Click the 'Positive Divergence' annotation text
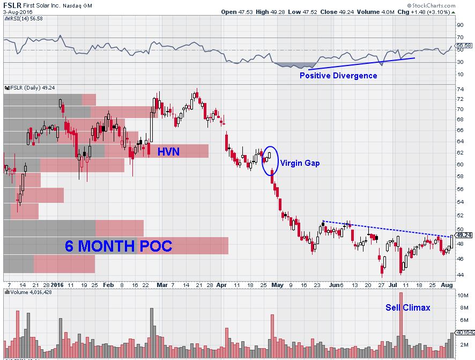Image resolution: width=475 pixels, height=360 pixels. pos(338,76)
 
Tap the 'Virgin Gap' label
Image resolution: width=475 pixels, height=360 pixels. pos(300,163)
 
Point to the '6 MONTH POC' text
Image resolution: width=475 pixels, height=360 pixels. pos(118,246)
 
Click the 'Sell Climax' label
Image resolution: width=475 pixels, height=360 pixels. pos(407,307)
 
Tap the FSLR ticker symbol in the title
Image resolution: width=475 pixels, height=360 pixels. pos(12,4)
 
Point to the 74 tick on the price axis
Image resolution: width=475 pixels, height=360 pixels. pos(459,99)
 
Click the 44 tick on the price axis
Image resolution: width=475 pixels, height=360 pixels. pos(459,275)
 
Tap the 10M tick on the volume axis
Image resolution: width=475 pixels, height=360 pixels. pos(461,296)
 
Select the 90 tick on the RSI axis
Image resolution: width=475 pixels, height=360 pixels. pos(459,24)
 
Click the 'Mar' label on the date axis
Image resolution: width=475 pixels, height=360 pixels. pos(161,285)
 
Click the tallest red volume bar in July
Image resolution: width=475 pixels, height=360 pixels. pos(400,322)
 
